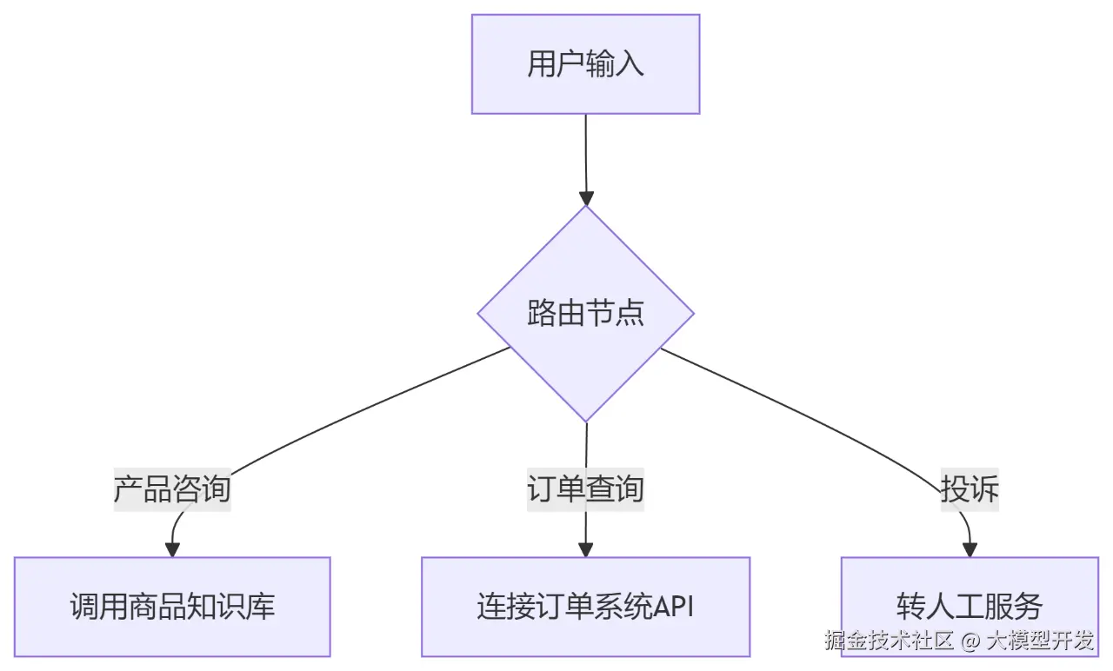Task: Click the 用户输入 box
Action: pyautogui.click(x=585, y=63)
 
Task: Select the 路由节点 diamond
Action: pyautogui.click(x=585, y=314)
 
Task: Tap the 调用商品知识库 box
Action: pyautogui.click(x=172, y=606)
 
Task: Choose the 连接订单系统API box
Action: pyautogui.click(x=585, y=606)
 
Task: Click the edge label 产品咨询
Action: pyautogui.click(x=172, y=489)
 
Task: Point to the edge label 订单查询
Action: pyautogui.click(x=585, y=489)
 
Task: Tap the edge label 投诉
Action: pyautogui.click(x=970, y=489)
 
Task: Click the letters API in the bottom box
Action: pyautogui.click(x=673, y=607)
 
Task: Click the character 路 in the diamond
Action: pyautogui.click(x=542, y=314)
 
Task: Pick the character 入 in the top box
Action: pyautogui.click(x=630, y=64)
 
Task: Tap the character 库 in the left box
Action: pyautogui.click(x=260, y=607)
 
